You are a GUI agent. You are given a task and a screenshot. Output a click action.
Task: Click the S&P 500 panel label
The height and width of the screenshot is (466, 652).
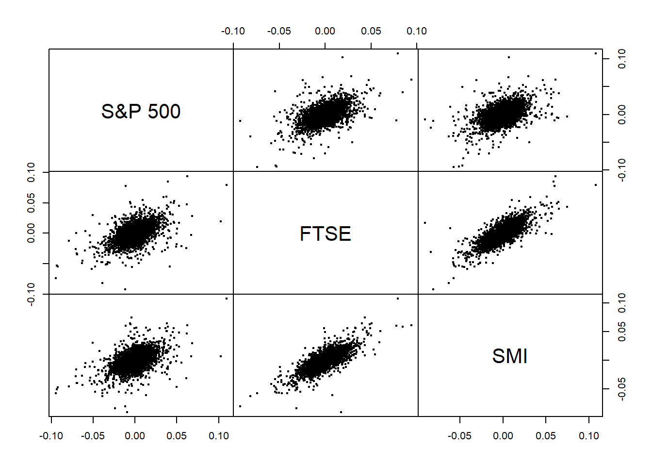(141, 112)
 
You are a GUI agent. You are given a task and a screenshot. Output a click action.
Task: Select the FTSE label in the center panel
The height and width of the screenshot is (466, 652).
(325, 234)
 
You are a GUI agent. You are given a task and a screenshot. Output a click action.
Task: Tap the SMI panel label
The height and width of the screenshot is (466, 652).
(509, 356)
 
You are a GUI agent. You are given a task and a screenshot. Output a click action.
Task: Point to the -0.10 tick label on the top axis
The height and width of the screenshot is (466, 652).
(233, 31)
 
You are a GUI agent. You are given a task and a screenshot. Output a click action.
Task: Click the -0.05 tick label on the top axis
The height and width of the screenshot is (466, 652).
(279, 31)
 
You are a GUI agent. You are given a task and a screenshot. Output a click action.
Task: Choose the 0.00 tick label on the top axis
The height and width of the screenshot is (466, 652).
(325, 31)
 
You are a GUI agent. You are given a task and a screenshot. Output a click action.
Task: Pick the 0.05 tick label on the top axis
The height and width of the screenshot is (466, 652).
(371, 31)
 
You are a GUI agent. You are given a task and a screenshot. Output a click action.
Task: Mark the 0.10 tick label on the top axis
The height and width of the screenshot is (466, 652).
(417, 31)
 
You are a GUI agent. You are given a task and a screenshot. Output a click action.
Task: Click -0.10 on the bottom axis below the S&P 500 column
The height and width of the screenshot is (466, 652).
(51, 436)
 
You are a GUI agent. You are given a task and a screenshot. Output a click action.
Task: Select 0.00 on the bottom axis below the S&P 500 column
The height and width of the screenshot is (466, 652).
(135, 436)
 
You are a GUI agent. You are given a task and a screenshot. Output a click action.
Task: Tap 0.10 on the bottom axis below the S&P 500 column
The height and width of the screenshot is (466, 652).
(219, 436)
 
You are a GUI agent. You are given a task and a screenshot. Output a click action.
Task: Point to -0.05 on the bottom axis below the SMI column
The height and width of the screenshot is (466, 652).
(459, 436)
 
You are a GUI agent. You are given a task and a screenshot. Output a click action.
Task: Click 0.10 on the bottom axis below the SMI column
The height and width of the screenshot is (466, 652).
(589, 436)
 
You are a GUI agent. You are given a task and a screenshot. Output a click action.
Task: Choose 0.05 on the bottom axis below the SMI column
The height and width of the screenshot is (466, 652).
(546, 436)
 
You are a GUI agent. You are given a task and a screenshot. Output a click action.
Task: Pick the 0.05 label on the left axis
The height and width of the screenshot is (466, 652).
(31, 203)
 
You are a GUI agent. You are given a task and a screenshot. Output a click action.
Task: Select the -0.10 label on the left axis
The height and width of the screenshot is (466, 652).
(31, 294)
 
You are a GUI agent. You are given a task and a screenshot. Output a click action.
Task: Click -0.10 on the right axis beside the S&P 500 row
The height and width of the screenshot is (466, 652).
(622, 170)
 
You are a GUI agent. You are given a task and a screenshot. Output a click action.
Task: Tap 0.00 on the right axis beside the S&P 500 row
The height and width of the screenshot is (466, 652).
(622, 115)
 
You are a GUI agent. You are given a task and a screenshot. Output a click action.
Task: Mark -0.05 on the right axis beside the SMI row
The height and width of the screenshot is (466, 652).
(622, 389)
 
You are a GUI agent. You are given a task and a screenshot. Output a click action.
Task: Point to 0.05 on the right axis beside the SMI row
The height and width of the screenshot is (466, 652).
(622, 332)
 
